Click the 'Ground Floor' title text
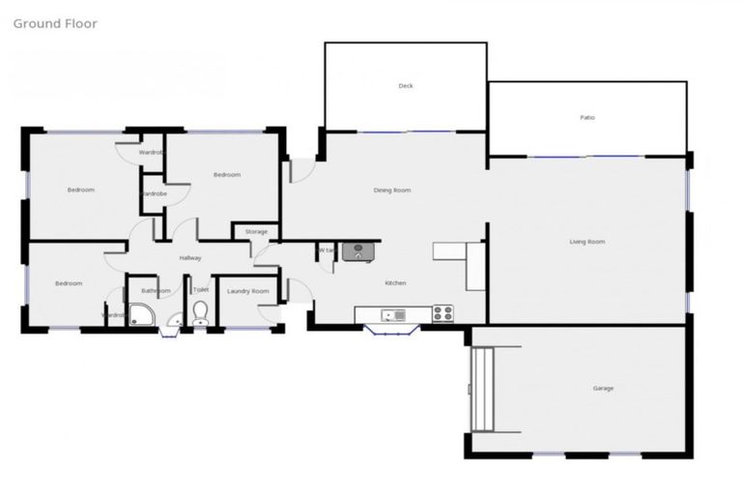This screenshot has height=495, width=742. click(x=55, y=23)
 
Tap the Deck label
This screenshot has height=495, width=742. click(x=406, y=86)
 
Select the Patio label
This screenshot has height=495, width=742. click(x=587, y=118)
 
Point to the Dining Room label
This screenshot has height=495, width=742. click(x=392, y=190)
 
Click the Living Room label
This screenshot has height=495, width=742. click(x=586, y=242)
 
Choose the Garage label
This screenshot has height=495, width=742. click(x=603, y=389)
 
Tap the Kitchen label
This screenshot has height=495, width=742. click(x=395, y=283)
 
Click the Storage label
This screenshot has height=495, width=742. click(x=256, y=232)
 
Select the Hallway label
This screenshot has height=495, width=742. click(x=190, y=258)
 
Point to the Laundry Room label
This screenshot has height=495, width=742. click(x=247, y=291)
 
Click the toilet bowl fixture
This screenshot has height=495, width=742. click(x=200, y=312)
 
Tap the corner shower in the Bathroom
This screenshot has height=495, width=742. click(x=141, y=314)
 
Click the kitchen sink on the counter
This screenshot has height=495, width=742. click(x=392, y=314)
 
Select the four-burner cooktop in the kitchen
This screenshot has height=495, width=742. click(x=442, y=313)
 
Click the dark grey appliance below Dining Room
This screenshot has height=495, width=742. click(x=357, y=252)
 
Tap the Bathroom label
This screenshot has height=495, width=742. click(x=156, y=291)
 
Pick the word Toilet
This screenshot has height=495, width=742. click(x=201, y=290)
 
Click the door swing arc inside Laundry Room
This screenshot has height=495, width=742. click(x=266, y=311)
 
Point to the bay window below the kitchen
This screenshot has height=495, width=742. click(x=391, y=331)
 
